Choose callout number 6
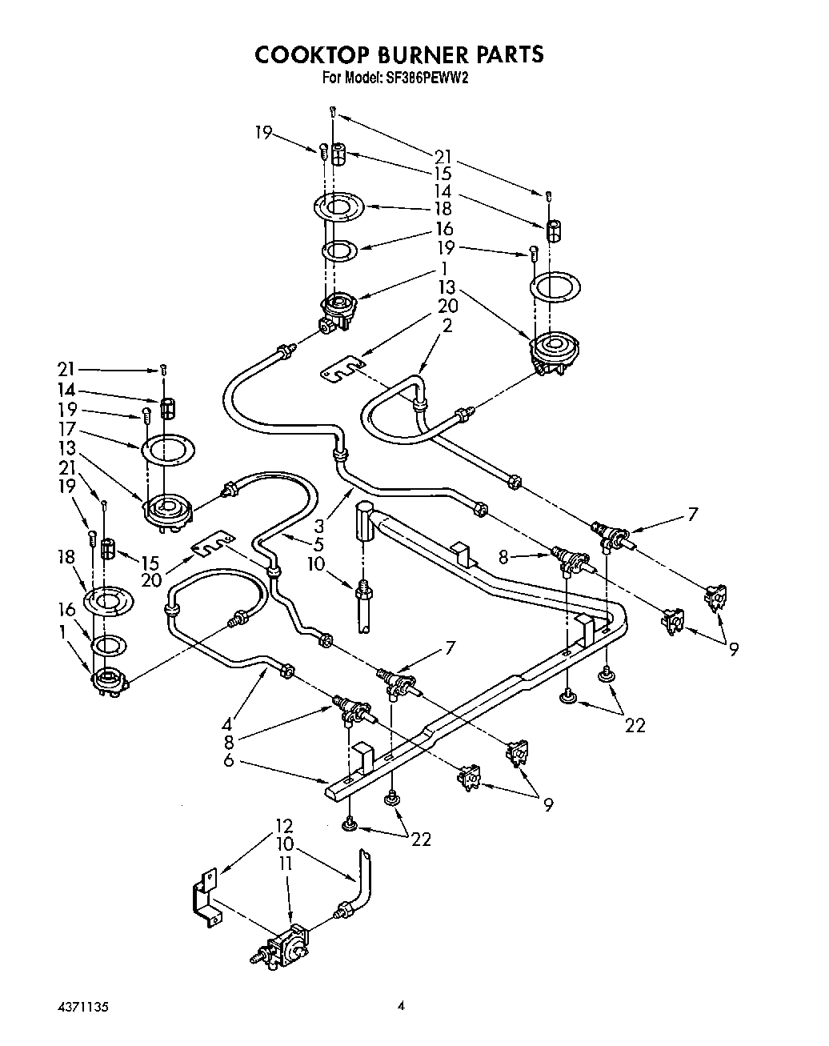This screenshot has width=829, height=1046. (228, 760)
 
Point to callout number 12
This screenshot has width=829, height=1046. (285, 825)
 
